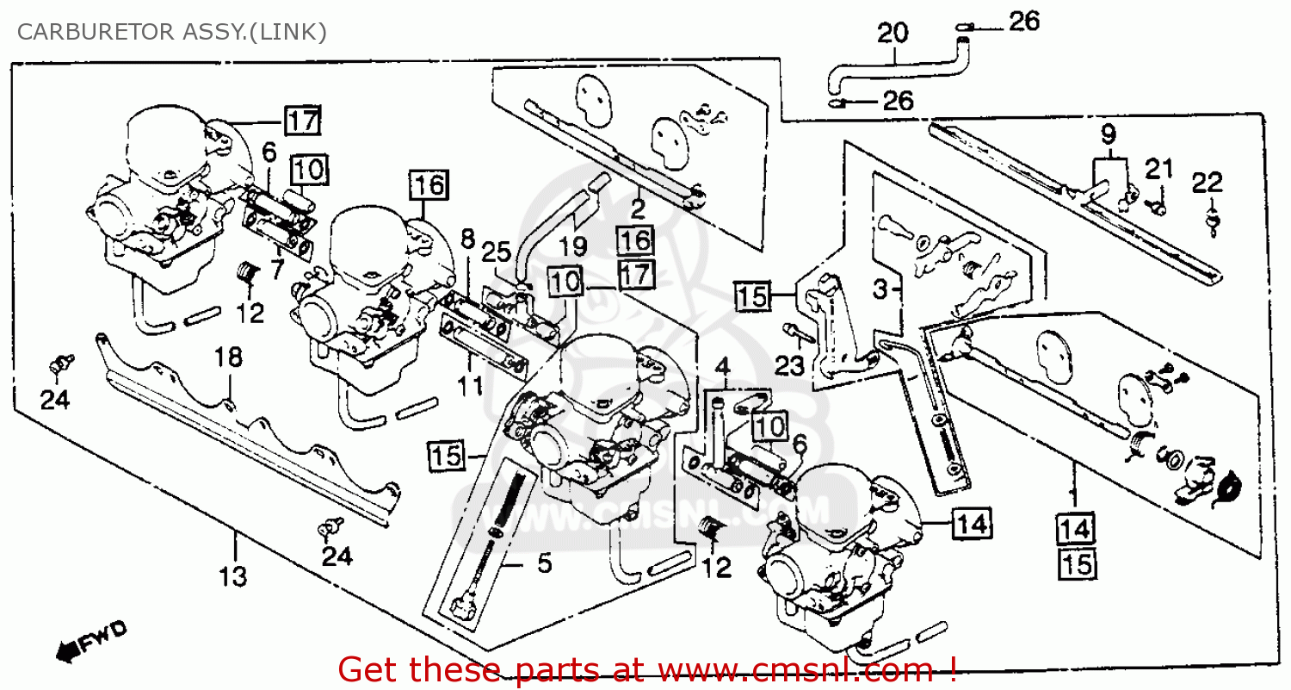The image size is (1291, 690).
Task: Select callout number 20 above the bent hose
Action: click(x=893, y=34)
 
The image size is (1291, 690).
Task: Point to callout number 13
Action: click(x=232, y=575)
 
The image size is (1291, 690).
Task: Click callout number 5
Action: click(x=544, y=564)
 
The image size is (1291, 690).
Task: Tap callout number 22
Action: click(x=1207, y=183)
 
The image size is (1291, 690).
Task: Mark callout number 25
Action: click(x=495, y=252)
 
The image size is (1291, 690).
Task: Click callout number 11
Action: click(x=470, y=386)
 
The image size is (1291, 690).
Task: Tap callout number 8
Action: click(x=467, y=239)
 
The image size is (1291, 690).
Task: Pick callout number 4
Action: click(x=721, y=370)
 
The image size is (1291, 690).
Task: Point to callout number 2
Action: click(x=637, y=207)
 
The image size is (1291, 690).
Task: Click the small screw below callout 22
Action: click(x=1214, y=225)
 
